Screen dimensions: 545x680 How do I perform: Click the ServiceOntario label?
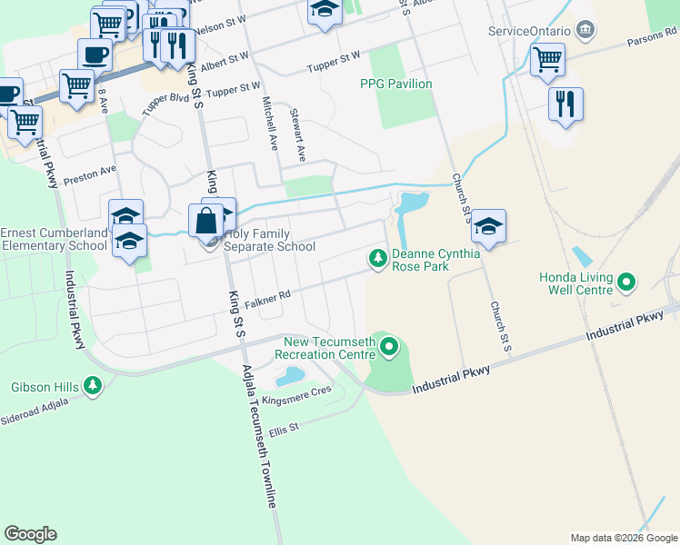pyautogui.click(x=528, y=31)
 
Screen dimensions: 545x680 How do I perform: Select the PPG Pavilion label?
pyautogui.click(x=395, y=84)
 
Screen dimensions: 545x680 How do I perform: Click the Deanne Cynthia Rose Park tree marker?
pyautogui.click(x=377, y=260)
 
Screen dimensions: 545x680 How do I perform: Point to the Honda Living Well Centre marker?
pyautogui.click(x=625, y=283)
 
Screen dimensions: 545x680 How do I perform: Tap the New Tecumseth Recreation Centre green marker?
pyautogui.click(x=389, y=346)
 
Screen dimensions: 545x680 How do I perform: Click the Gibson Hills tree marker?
pyautogui.click(x=92, y=386)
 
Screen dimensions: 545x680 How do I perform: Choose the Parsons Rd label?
pyautogui.click(x=653, y=38)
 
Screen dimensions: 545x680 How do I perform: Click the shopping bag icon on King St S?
pyautogui.click(x=206, y=221)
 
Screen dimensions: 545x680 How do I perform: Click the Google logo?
pyautogui.click(x=30, y=534)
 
